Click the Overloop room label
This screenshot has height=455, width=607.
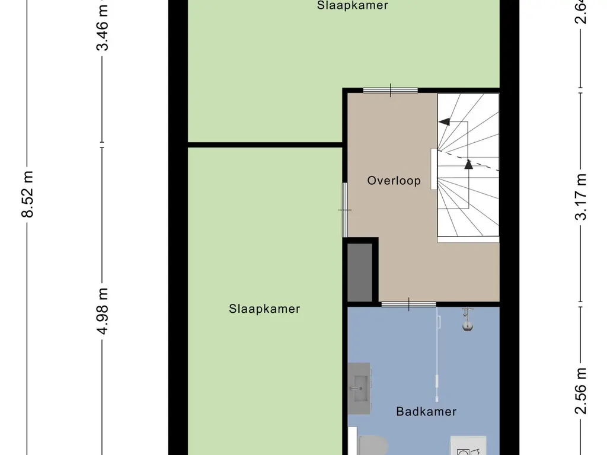click(394, 181)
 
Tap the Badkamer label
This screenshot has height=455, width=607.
click(426, 411)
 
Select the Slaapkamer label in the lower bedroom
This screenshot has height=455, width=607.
click(264, 309)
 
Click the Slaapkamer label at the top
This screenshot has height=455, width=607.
click(352, 6)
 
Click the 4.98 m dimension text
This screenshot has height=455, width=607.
click(103, 311)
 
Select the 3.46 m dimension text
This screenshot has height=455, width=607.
click(103, 27)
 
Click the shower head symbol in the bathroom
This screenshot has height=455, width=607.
click(468, 319)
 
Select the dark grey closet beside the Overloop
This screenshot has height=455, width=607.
click(359, 272)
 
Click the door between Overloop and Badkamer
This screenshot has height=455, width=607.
click(408, 305)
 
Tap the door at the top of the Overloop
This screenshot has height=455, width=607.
click(390, 91)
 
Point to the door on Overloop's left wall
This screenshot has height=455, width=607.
click(345, 210)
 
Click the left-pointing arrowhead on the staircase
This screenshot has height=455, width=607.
click(443, 122)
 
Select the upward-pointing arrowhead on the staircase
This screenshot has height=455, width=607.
click(468, 164)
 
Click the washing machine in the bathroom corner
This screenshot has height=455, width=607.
click(468, 446)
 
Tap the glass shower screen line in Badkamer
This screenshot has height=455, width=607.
click(437, 350)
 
